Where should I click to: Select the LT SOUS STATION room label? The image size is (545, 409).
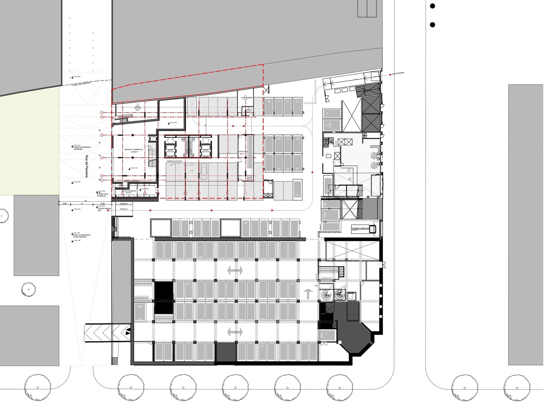pyautogui.click(x=138, y=107)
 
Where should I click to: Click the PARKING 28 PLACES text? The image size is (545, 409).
pyautogui.click(x=174, y=161)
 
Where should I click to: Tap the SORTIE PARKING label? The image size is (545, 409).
pyautogui.click(x=398, y=73)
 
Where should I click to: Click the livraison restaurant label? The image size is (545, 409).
pyautogui.click(x=360, y=228)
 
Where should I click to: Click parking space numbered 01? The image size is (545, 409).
pyautogui.click(x=297, y=195)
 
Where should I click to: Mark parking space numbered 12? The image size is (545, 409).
pyautogui.click(x=298, y=101)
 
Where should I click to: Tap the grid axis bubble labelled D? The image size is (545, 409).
pyautogui.click(x=102, y=135)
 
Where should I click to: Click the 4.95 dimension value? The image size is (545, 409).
pyautogui.click(x=102, y=204)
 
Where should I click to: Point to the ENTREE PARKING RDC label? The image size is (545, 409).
pyautogui.click(x=104, y=209)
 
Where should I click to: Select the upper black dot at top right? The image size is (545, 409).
pyautogui.click(x=432, y=6)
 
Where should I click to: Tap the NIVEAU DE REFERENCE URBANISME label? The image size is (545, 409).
pyautogui.click(x=82, y=148)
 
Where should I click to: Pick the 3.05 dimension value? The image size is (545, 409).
pyautogui.click(x=65, y=204)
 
